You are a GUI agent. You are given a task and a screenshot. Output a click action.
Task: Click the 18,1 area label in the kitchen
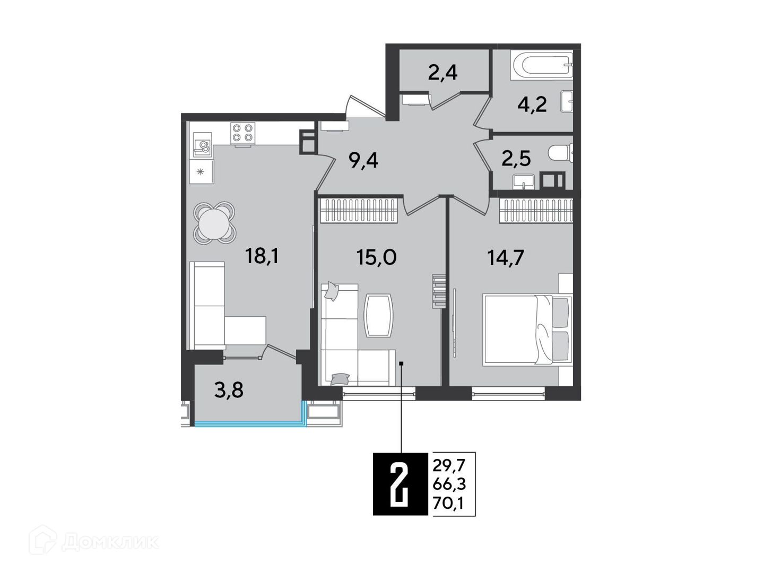(x=262, y=257)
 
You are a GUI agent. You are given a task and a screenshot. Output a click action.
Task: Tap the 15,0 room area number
(x=376, y=257)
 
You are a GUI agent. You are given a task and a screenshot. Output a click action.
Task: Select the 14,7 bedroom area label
(x=506, y=258)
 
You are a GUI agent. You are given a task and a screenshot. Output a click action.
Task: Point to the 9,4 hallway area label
(x=364, y=161)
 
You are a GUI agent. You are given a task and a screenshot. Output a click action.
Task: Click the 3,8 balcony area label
(x=229, y=390)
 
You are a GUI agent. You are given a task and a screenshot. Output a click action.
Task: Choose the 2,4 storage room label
(x=442, y=73)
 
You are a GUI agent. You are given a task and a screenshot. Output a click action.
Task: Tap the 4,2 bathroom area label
(x=532, y=105)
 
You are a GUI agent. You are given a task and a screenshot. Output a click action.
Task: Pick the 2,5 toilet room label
(x=516, y=159)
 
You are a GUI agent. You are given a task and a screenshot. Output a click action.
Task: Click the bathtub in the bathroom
(x=542, y=66)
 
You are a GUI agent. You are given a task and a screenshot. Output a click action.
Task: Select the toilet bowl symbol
(x=560, y=153)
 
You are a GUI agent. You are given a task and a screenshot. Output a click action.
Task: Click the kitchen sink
(x=202, y=146)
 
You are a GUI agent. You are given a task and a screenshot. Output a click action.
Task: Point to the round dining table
(x=214, y=223)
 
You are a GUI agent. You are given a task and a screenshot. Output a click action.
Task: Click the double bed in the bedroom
(x=527, y=330)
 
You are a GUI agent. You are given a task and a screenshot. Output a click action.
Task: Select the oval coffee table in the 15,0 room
(x=378, y=315)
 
